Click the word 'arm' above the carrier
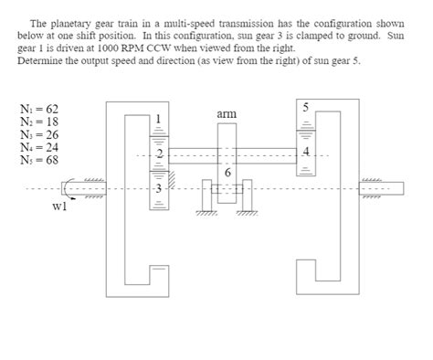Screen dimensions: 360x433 227,113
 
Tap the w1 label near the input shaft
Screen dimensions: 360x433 60,206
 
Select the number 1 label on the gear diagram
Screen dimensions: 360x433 158,119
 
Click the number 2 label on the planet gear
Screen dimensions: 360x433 158,154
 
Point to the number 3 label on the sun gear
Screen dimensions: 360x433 158,189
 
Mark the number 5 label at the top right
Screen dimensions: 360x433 308,108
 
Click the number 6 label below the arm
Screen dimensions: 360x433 227,173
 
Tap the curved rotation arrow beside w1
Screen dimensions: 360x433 66,189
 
